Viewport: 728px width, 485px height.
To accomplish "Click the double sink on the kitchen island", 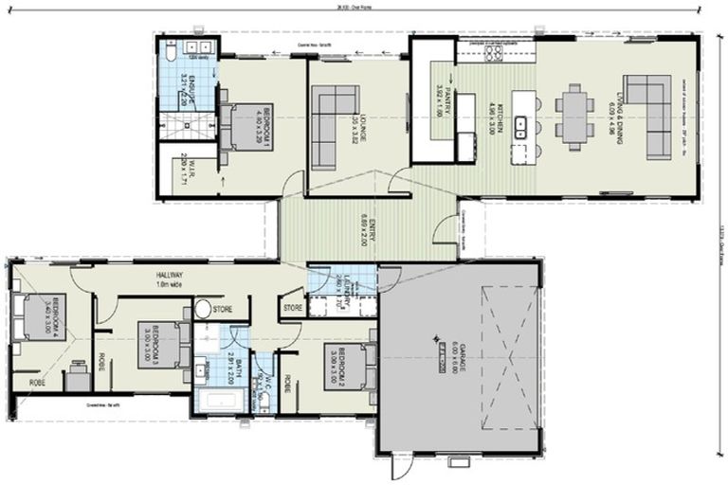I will [x=519, y=124].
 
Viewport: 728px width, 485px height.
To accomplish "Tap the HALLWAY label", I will [x=170, y=277].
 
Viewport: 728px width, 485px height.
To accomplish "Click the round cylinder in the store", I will [x=203, y=308].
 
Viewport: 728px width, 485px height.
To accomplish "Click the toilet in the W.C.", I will [x=264, y=402].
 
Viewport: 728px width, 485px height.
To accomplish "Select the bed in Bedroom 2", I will [x=355, y=365].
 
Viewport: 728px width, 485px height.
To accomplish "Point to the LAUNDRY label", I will [x=345, y=284].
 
